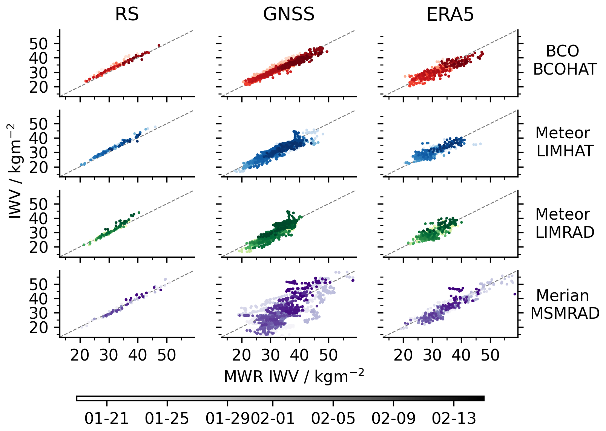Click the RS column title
(x=127, y=15)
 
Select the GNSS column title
(x=288, y=15)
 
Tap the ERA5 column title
(x=450, y=15)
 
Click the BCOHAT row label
(x=565, y=69)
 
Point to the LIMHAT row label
(x=565, y=151)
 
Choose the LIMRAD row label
(x=565, y=232)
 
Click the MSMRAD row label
(x=565, y=313)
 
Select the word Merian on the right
(x=562, y=296)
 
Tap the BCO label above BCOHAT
(x=562, y=51)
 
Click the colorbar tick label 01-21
(x=107, y=418)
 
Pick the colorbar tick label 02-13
(x=454, y=418)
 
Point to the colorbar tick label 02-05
(x=333, y=418)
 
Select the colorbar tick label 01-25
(x=167, y=418)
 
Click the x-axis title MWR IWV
(x=294, y=376)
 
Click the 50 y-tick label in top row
(x=39, y=44)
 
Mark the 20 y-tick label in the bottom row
(x=39, y=327)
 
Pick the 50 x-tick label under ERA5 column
(x=490, y=355)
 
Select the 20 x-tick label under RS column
(x=80, y=355)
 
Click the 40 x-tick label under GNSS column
(x=299, y=355)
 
